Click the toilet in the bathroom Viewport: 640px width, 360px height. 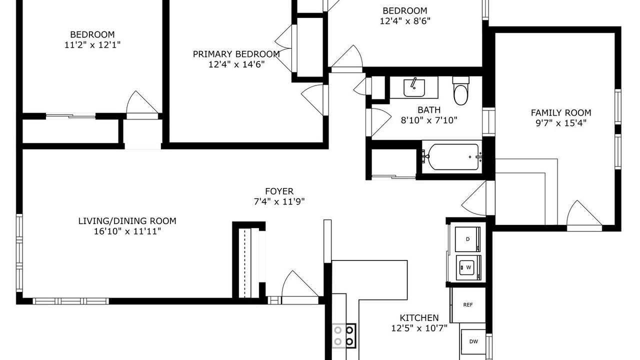click(x=460, y=91)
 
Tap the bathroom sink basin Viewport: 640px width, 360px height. click(x=414, y=88)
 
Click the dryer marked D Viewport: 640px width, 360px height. click(x=467, y=239)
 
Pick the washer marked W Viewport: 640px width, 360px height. click(x=468, y=267)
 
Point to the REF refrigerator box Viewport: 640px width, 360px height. click(x=468, y=305)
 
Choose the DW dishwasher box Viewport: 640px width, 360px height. click(x=473, y=341)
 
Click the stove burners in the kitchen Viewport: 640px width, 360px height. click(x=343, y=335)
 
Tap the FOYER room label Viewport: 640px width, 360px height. click(x=279, y=191)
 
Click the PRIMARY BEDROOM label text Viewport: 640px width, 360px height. click(x=236, y=54)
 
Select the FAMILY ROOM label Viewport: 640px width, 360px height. click(x=561, y=112)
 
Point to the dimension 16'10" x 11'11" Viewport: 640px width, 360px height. click(x=127, y=231)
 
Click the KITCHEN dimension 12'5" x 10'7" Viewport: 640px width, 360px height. click(x=419, y=328)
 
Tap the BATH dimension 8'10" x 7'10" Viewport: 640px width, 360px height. click(x=429, y=120)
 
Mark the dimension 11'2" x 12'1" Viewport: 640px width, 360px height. click(x=92, y=45)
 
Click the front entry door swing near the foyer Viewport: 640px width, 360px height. click(x=300, y=287)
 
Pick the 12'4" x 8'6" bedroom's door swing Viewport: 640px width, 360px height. click(x=346, y=58)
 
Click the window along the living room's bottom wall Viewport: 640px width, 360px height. click(x=70, y=301)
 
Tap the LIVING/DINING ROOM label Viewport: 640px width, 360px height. click(x=127, y=221)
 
